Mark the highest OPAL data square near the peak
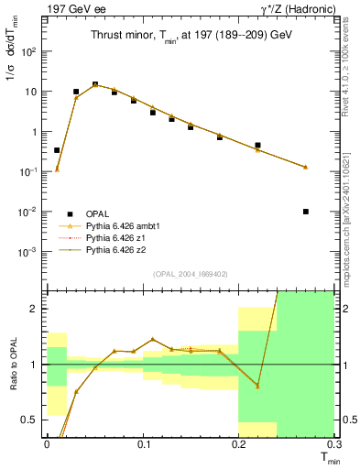pos(95,84)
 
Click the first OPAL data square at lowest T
pos(57,149)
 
